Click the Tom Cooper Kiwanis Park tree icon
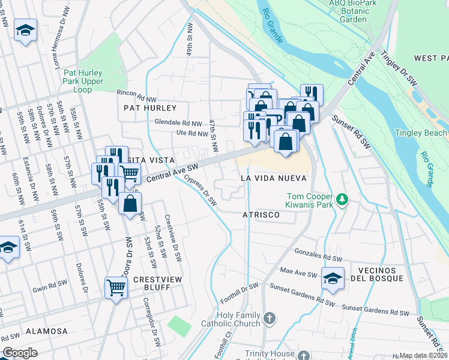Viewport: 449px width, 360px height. coord(342,199)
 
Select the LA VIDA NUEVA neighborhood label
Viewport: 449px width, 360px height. coord(274,178)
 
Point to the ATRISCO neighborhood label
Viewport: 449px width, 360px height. coord(262,214)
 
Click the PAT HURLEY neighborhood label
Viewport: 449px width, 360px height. coord(150,108)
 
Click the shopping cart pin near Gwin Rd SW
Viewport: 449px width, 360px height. coord(116,287)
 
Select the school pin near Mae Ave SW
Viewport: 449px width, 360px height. coord(333,278)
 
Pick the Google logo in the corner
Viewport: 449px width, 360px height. coord(20,353)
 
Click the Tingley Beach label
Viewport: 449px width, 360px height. coord(421,133)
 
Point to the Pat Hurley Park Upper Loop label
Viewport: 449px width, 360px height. coord(83,81)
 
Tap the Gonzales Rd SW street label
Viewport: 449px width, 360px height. coord(316,256)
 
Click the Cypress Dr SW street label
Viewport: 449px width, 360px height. coord(200,190)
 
